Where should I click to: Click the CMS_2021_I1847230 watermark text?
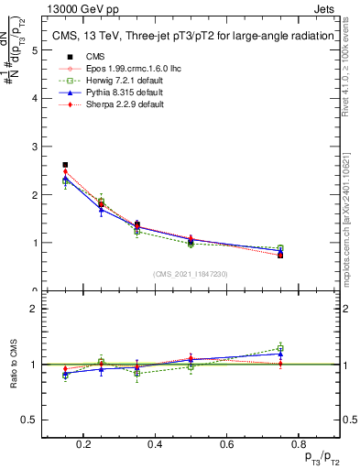pyautogui.click(x=190, y=273)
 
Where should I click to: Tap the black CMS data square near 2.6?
pyautogui.click(x=65, y=165)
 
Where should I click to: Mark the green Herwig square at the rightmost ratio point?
pyautogui.click(x=280, y=348)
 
